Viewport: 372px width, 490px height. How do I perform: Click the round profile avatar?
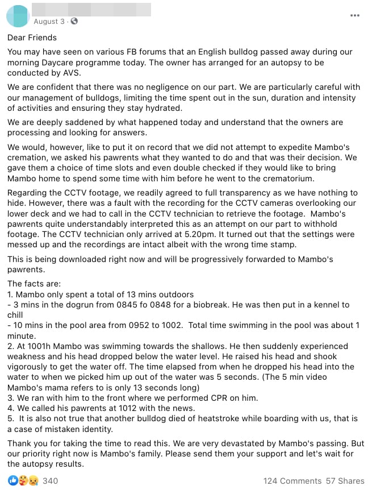[18, 16]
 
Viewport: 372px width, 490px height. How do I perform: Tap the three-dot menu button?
[355, 15]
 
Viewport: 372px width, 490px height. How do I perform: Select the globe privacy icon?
[74, 22]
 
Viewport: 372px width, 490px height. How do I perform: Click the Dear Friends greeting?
[32, 38]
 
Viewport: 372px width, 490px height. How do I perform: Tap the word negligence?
[177, 87]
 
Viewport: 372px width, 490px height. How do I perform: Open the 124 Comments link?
[292, 481]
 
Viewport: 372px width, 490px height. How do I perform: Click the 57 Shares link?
[345, 481]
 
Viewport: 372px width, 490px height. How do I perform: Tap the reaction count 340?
[50, 481]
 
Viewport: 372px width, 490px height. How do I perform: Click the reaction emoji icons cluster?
[23, 481]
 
